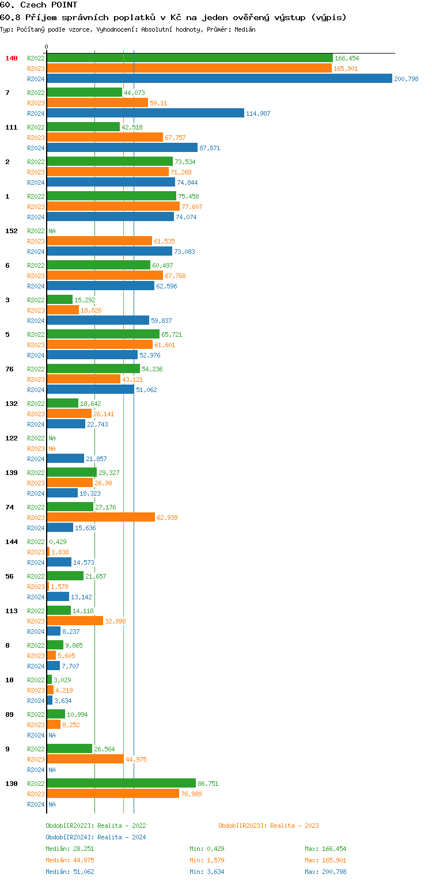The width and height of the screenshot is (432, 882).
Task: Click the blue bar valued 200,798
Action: tap(219, 79)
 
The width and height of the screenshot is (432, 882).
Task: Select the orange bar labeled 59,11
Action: tap(97, 103)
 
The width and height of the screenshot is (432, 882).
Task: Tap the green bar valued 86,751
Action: tap(121, 784)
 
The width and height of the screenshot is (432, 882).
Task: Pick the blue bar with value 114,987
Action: tap(145, 113)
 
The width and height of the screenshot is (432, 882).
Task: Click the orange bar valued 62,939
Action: tap(101, 518)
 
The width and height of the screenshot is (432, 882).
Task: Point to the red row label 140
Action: tap(12, 58)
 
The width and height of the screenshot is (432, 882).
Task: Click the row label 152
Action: tap(12, 231)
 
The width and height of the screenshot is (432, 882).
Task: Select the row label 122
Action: tap(12, 438)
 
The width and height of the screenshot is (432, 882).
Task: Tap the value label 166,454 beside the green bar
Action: tap(347, 58)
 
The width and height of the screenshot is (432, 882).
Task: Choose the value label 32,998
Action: tap(115, 621)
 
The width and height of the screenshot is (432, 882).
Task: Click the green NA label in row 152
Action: tap(52, 231)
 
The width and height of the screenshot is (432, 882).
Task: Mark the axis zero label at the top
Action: tap(47, 47)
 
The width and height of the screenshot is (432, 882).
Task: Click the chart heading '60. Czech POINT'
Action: tap(39, 5)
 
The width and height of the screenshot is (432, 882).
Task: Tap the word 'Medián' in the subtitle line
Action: tap(245, 29)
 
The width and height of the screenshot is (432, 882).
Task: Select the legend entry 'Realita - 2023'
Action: tap(294, 826)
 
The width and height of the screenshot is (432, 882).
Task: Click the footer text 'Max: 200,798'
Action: tap(325, 872)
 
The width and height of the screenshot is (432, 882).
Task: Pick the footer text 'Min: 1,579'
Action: tap(205, 860)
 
